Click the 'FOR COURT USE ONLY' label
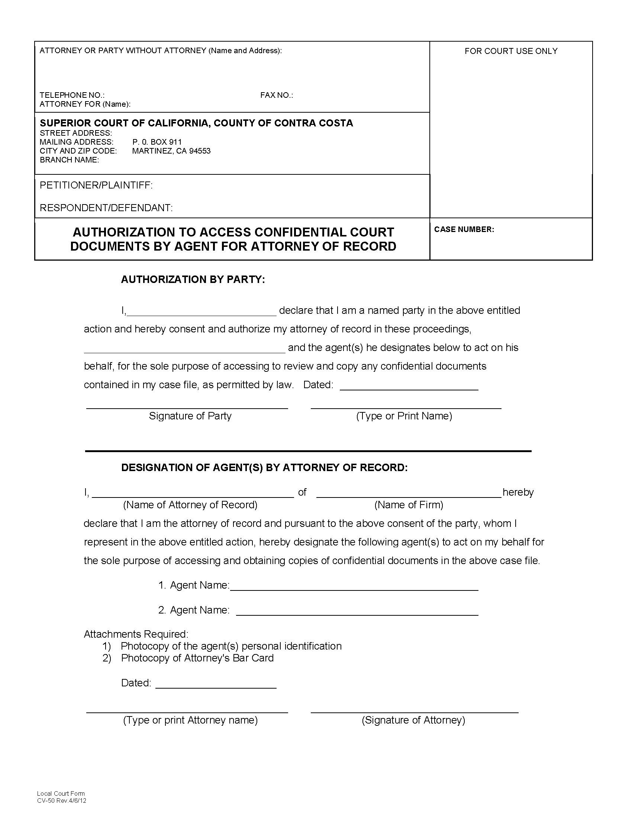point(511,51)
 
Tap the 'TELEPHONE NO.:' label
point(72,95)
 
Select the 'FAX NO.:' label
point(276,95)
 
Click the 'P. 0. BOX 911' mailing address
point(157,142)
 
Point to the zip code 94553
point(200,151)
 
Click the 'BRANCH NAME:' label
point(69,160)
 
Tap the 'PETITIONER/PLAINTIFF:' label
point(96,185)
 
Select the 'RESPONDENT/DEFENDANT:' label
point(106,207)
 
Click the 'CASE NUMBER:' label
point(464,229)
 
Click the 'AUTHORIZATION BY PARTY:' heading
point(193,279)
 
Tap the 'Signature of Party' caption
point(190,416)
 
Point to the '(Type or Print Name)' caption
point(404,416)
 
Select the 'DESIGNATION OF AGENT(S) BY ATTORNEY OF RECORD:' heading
point(264,467)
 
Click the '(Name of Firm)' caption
point(409,505)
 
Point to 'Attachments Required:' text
point(136,634)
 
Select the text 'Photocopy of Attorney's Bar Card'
point(197,658)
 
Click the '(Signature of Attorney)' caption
point(413,720)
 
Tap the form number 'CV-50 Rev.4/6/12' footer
point(61,801)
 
